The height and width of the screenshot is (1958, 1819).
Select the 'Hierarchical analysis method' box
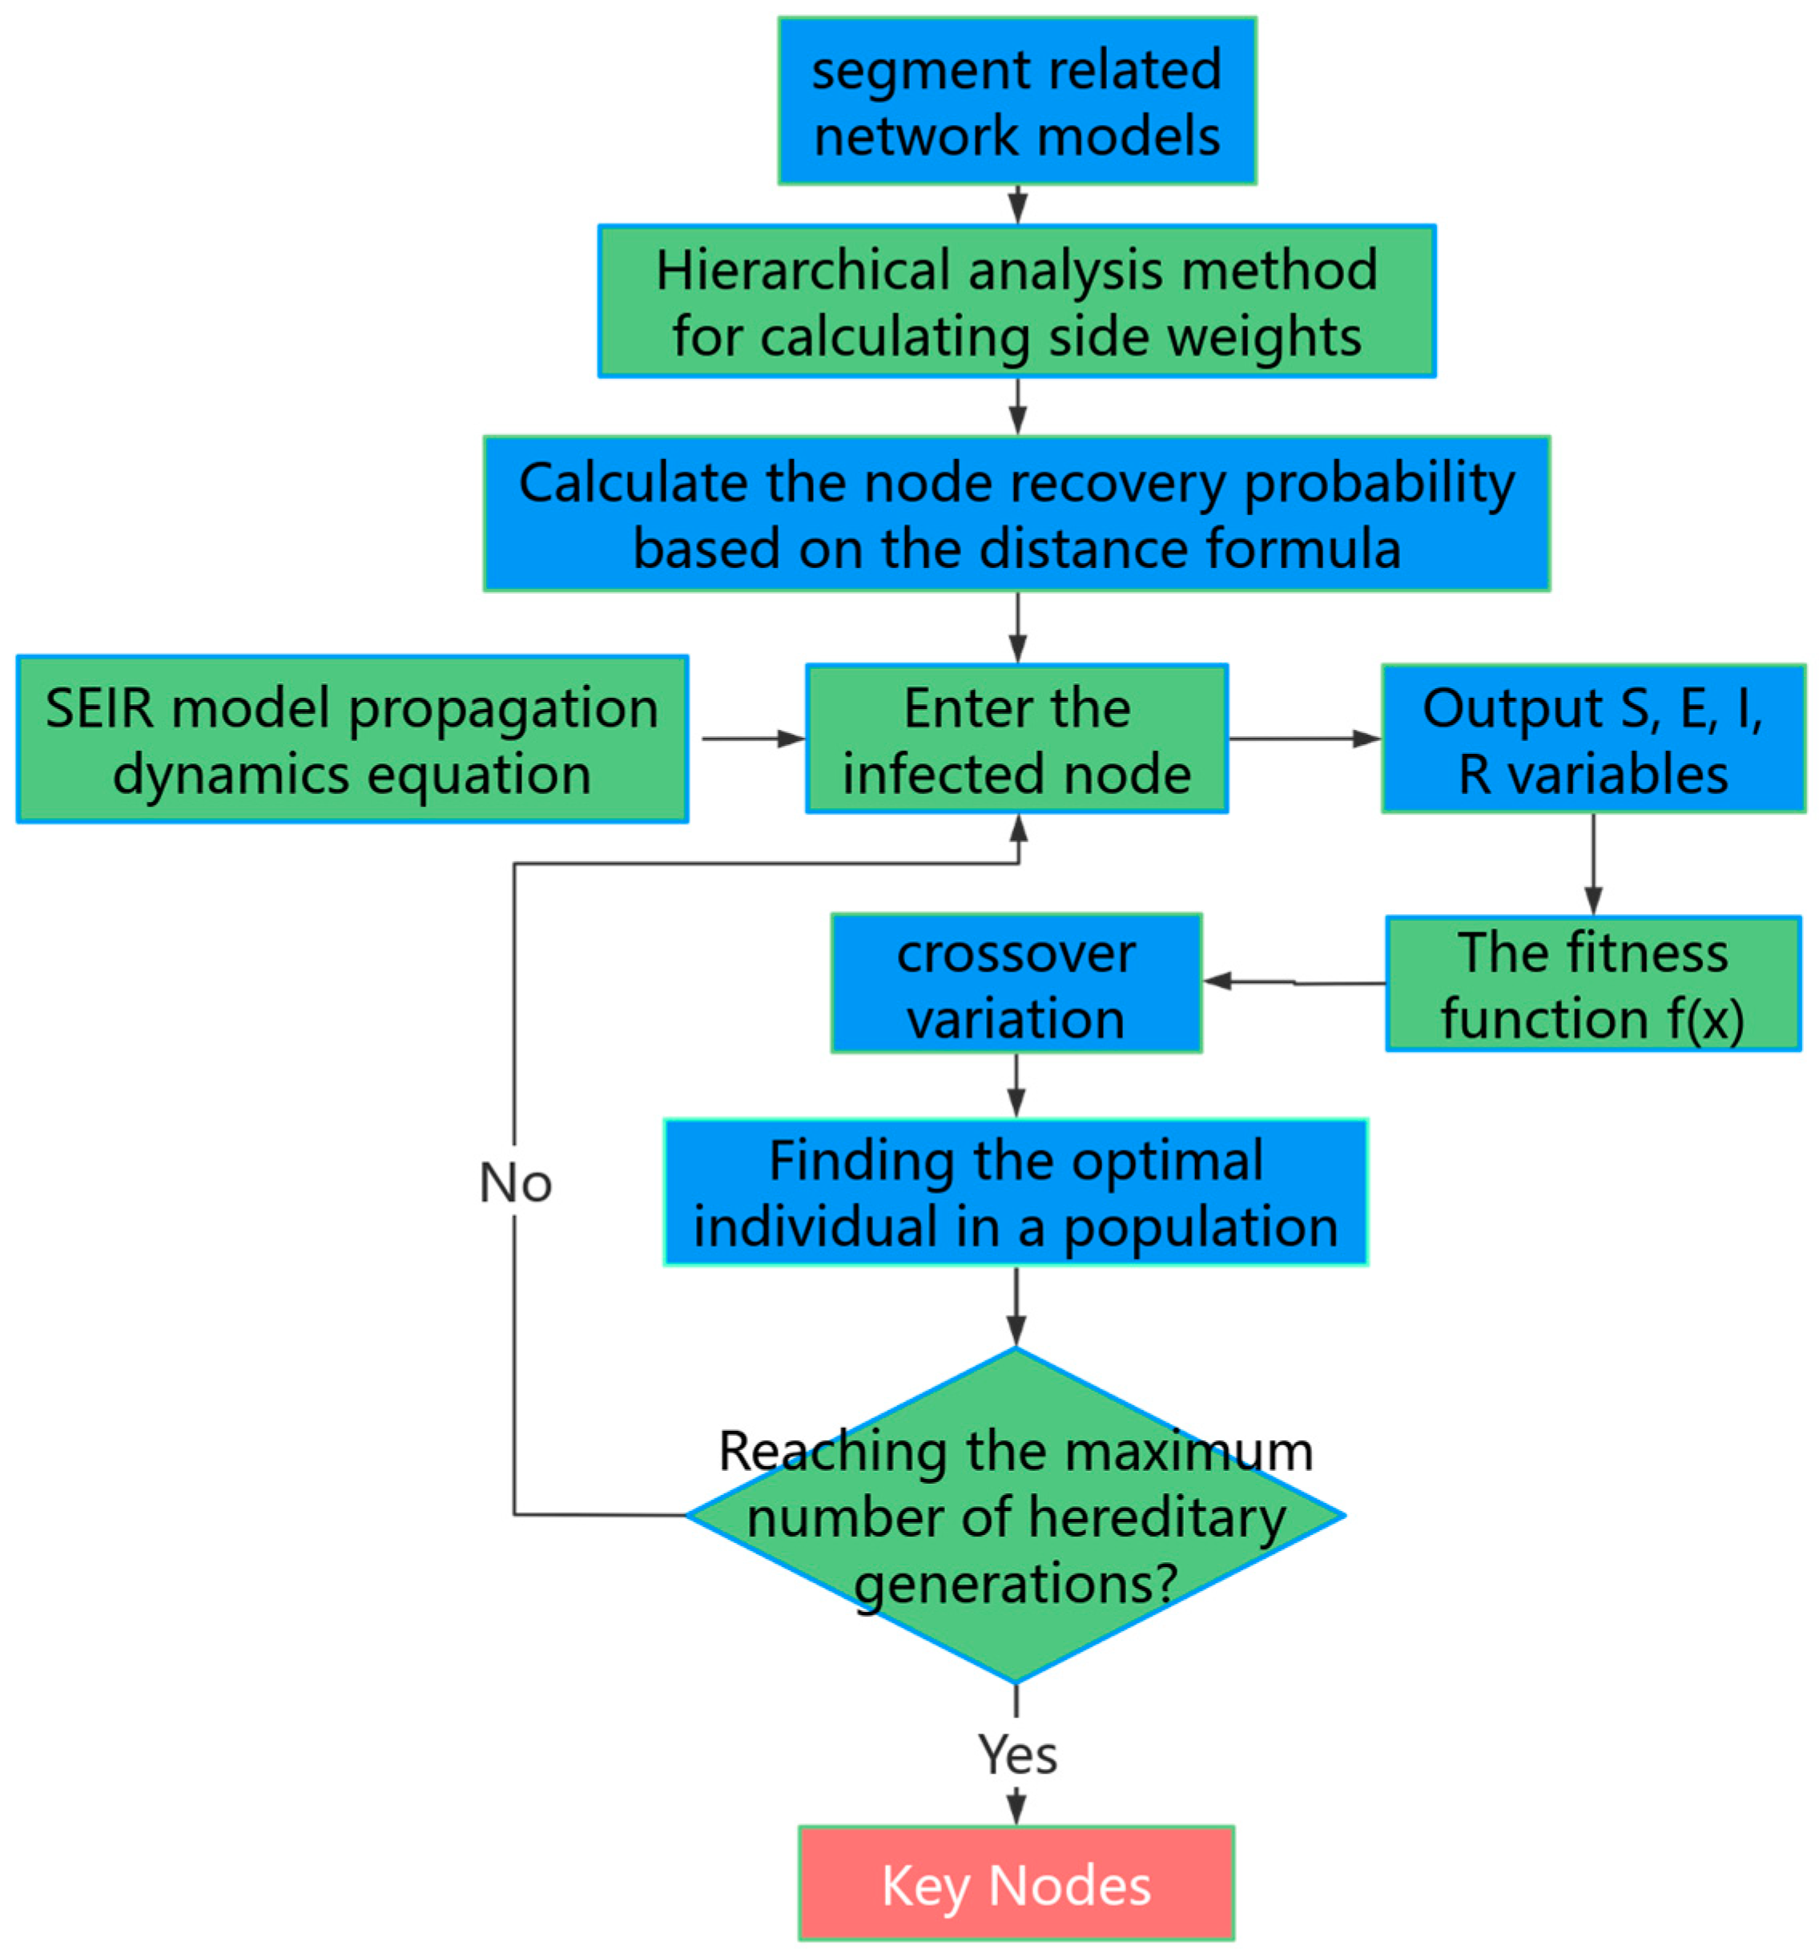click(x=1016, y=301)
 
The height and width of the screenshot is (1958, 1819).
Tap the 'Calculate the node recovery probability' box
click(x=1016, y=514)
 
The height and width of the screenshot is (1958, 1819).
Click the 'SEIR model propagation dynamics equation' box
click(x=352, y=739)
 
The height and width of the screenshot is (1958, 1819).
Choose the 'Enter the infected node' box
click(x=1016, y=739)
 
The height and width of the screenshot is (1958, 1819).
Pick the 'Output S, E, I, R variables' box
click(x=1592, y=739)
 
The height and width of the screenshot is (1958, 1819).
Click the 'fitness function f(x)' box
click(x=1592, y=984)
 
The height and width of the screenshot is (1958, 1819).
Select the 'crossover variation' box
click(x=1016, y=984)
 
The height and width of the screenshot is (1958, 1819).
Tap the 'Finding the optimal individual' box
click(x=1016, y=1192)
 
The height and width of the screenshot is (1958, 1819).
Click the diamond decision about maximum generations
click(x=1016, y=1516)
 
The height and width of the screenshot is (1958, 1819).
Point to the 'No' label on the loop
click(x=515, y=1182)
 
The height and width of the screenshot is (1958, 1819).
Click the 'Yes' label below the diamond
click(x=1016, y=1755)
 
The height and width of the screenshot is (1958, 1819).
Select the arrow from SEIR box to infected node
click(x=753, y=739)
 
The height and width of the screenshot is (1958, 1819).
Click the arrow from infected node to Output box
click(x=1304, y=739)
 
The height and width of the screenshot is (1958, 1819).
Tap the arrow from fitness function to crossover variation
click(x=1294, y=981)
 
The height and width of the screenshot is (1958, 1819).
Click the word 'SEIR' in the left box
click(x=99, y=707)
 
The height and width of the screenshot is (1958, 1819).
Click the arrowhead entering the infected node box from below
click(x=1019, y=829)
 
